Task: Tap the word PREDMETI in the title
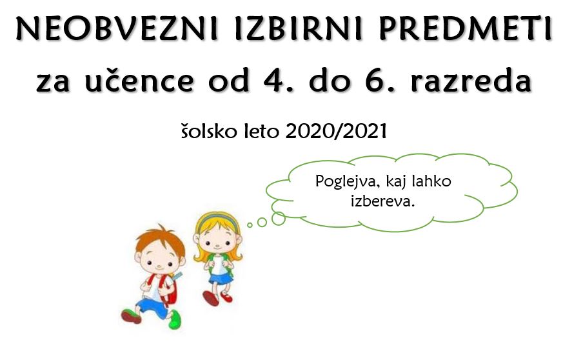(x=466, y=28)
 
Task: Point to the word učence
(x=140, y=81)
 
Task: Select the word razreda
(x=471, y=81)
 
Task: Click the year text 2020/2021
(x=337, y=131)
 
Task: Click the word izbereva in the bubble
(x=383, y=201)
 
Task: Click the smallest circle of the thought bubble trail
(x=250, y=225)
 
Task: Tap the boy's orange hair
(x=160, y=239)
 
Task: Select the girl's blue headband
(x=217, y=219)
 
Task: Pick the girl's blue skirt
(x=221, y=278)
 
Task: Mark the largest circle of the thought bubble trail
(x=278, y=219)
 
